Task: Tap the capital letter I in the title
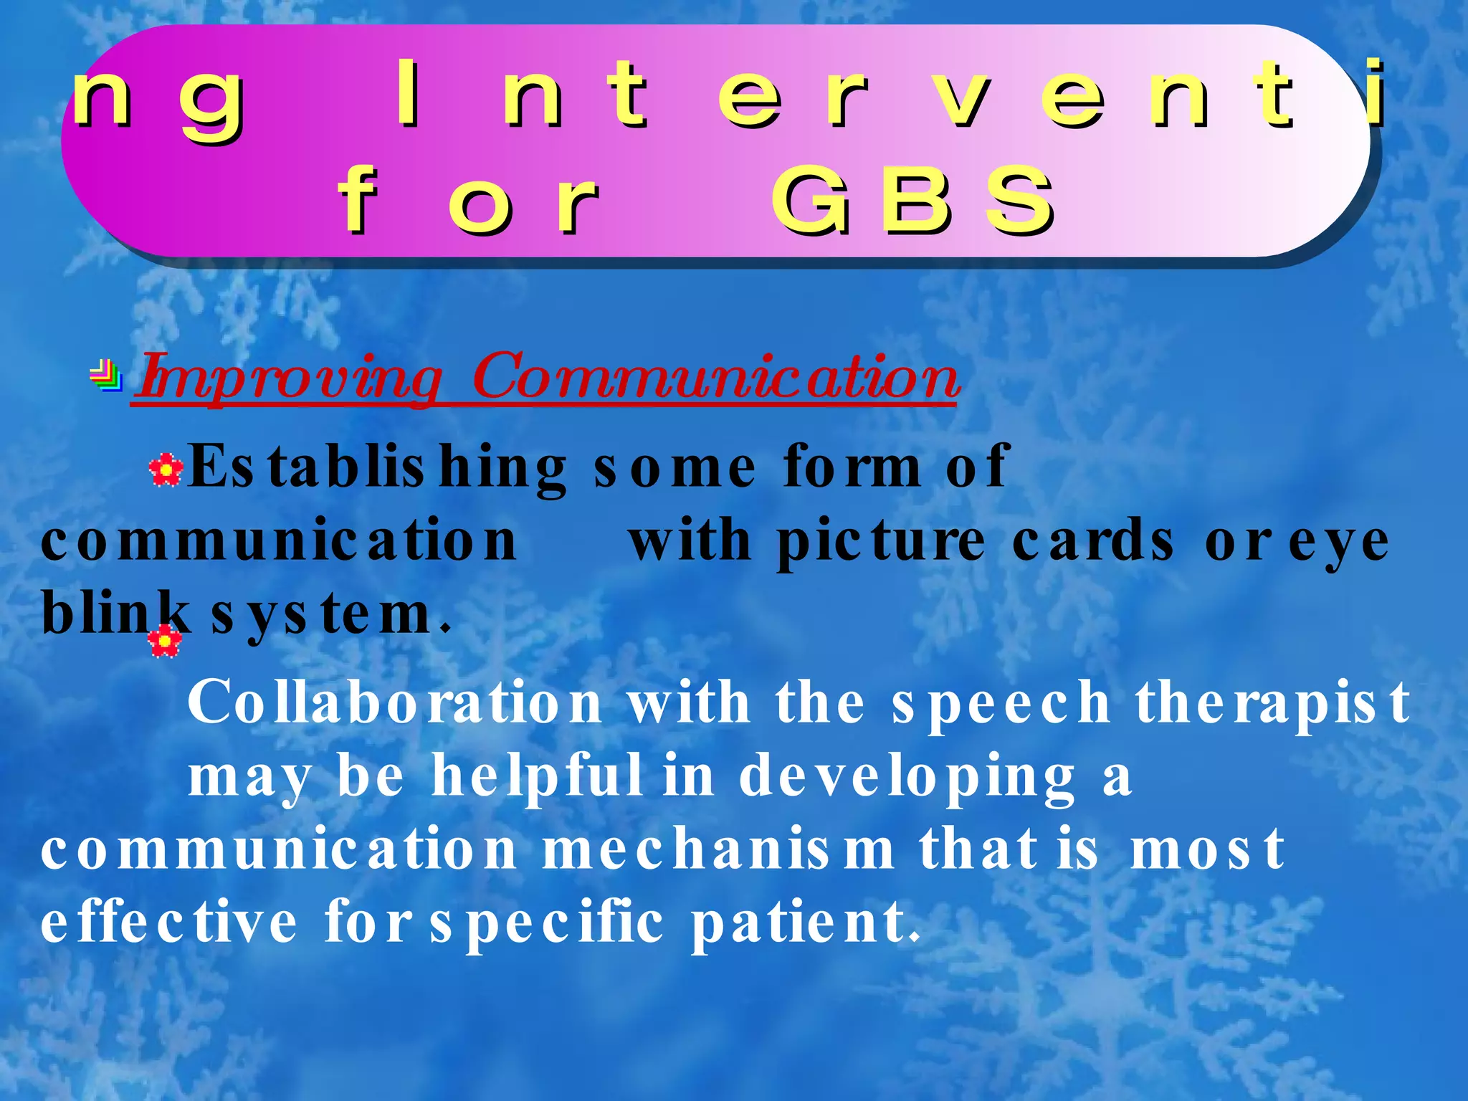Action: click(408, 95)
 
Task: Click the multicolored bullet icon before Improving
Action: click(107, 375)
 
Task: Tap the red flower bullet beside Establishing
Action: click(166, 470)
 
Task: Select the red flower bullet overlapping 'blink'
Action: click(165, 640)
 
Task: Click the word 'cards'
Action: click(1092, 541)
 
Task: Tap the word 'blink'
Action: click(115, 613)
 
